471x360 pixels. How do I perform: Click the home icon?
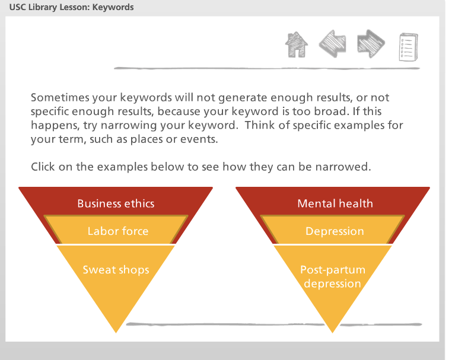tap(297, 44)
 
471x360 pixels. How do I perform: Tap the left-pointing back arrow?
tap(333, 44)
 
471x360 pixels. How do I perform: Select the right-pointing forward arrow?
tap(371, 44)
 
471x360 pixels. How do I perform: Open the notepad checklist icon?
tap(409, 46)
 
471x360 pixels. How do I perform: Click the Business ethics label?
tap(116, 203)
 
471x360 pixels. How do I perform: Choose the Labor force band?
tap(117, 231)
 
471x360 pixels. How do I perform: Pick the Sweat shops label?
tap(116, 270)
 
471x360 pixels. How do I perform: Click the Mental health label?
tap(335, 203)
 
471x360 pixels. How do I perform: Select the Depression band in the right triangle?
tap(335, 231)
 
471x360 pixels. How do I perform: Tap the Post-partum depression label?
tap(332, 276)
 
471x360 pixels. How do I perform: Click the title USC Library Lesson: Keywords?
tap(72, 8)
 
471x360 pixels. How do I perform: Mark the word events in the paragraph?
tap(201, 139)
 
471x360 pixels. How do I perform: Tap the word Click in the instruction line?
tap(43, 167)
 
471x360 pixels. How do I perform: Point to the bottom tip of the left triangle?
tap(116, 330)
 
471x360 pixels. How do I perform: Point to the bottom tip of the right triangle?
tap(333, 330)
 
